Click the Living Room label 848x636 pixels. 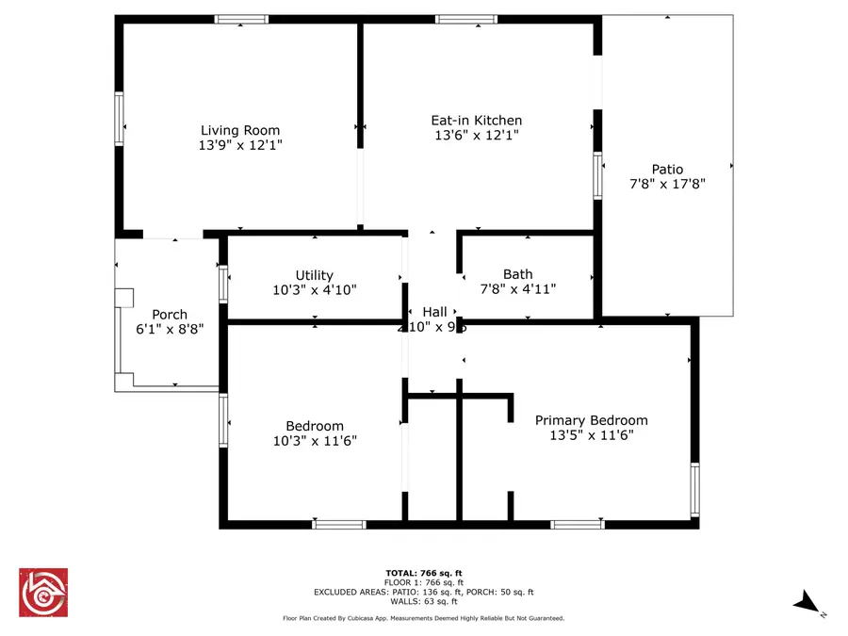pyautogui.click(x=240, y=131)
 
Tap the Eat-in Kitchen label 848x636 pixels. pyautogui.click(x=476, y=121)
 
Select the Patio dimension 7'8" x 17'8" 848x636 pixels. pyautogui.click(x=667, y=185)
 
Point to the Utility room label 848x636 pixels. pyautogui.click(x=314, y=275)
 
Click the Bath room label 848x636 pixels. pyautogui.click(x=517, y=275)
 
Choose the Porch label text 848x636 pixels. pyautogui.click(x=170, y=315)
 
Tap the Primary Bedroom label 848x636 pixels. pyautogui.click(x=591, y=420)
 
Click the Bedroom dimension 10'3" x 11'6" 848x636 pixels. pyautogui.click(x=315, y=441)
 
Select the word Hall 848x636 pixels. pyautogui.click(x=434, y=312)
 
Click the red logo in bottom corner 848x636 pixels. pyautogui.click(x=43, y=592)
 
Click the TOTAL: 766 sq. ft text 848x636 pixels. pyautogui.click(x=424, y=573)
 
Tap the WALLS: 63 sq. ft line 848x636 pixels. pyautogui.click(x=424, y=601)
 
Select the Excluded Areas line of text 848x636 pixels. pyautogui.click(x=424, y=592)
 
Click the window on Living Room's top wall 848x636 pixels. pyautogui.click(x=241, y=19)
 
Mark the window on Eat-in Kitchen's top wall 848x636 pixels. pyautogui.click(x=466, y=19)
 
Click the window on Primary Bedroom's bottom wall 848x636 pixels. pyautogui.click(x=578, y=524)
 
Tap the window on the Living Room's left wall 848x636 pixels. pyautogui.click(x=119, y=118)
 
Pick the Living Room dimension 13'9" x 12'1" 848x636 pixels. pyautogui.click(x=240, y=146)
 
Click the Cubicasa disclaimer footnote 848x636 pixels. pyautogui.click(x=424, y=618)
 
